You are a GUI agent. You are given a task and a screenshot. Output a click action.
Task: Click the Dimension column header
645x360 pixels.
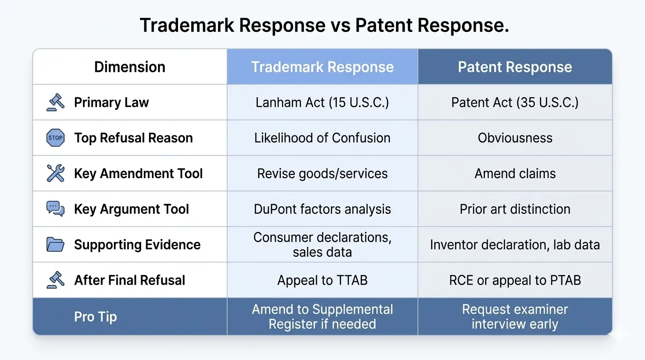click(130, 67)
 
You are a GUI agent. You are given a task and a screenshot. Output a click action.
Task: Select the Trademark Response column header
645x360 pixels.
click(322, 67)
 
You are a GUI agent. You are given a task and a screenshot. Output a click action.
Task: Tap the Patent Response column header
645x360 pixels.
click(515, 67)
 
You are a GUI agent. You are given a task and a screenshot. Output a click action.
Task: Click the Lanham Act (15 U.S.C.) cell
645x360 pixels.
click(322, 103)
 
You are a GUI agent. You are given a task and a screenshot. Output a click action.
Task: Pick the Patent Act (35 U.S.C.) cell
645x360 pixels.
click(515, 103)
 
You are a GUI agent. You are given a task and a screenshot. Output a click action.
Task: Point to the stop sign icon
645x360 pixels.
click(55, 138)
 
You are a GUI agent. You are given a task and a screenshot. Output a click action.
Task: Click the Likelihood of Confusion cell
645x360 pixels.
click(322, 138)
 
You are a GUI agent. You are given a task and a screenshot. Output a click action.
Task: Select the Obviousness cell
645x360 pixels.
click(515, 138)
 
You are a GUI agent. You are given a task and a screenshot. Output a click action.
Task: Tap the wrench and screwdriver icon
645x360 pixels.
click(55, 173)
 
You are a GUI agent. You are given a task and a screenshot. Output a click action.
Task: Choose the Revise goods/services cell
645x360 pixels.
click(322, 173)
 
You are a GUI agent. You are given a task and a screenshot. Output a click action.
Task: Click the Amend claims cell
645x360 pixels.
click(515, 173)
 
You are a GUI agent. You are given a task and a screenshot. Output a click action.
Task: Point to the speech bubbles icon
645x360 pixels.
click(55, 209)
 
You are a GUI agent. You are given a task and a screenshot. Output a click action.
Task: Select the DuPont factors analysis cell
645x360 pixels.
click(322, 209)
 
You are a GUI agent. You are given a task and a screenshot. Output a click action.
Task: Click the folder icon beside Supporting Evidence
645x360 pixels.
click(55, 244)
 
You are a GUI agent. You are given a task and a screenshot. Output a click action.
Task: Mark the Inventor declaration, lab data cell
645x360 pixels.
click(515, 244)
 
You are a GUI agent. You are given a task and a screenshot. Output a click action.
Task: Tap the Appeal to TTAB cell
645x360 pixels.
click(322, 280)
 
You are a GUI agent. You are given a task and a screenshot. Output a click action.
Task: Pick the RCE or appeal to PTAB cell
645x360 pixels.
click(515, 280)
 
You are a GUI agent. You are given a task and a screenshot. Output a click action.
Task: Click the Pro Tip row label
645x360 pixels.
click(95, 316)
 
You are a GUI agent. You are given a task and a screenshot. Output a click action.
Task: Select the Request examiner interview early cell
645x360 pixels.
click(515, 316)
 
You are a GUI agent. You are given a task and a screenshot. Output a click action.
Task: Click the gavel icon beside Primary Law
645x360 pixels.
click(55, 102)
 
